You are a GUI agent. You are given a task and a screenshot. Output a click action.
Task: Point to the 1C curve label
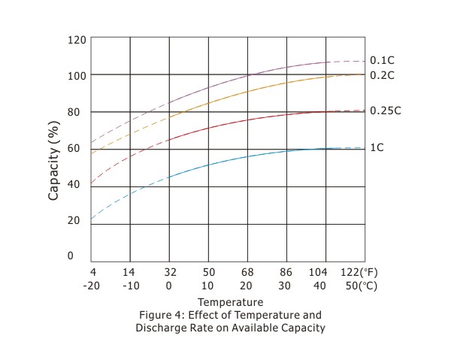tap(377, 147)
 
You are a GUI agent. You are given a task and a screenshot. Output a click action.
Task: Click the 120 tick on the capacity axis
tap(77, 38)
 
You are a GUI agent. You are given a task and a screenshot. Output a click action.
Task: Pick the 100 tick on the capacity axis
tap(77, 75)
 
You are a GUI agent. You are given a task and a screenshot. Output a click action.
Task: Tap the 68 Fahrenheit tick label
tap(248, 272)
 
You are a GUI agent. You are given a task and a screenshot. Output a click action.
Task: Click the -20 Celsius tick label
tap(92, 286)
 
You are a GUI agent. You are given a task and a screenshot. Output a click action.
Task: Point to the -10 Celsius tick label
tap(131, 286)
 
